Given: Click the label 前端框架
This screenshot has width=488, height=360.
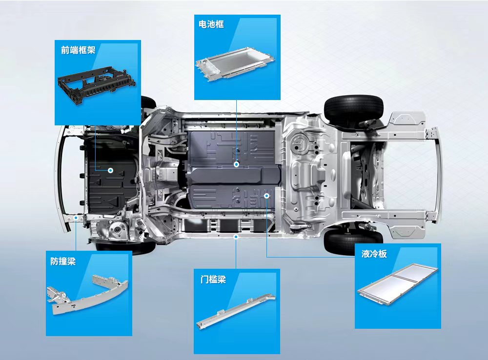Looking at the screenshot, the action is pyautogui.click(x=78, y=50).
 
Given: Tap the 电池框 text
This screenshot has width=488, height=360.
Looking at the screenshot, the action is pyautogui.click(x=211, y=24).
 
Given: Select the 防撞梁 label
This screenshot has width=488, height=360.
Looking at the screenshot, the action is pyautogui.click(x=63, y=261).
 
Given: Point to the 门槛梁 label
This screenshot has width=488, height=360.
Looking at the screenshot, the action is pyautogui.click(x=213, y=279).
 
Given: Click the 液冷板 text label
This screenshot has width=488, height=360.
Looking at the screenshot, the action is pyautogui.click(x=374, y=254).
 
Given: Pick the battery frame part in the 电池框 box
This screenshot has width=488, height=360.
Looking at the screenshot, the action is pyautogui.click(x=235, y=64).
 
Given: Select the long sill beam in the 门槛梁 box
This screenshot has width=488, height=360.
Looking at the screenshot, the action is pyautogui.click(x=236, y=311).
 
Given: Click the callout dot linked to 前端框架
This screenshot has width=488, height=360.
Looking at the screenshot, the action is pyautogui.click(x=110, y=171).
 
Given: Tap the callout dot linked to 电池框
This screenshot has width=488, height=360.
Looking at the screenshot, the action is pyautogui.click(x=237, y=164).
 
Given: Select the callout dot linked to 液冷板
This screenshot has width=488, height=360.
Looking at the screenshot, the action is pyautogui.click(x=267, y=196).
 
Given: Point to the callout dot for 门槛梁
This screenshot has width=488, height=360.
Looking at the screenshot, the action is pyautogui.click(x=236, y=237).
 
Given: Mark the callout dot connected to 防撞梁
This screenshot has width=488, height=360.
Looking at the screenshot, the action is pyautogui.click(x=76, y=218).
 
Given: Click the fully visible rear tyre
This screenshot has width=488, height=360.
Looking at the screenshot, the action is pyautogui.click(x=354, y=110).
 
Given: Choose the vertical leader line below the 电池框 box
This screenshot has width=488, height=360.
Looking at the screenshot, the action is pyautogui.click(x=237, y=131).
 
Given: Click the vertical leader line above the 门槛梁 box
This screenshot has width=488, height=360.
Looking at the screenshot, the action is pyautogui.click(x=236, y=254).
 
